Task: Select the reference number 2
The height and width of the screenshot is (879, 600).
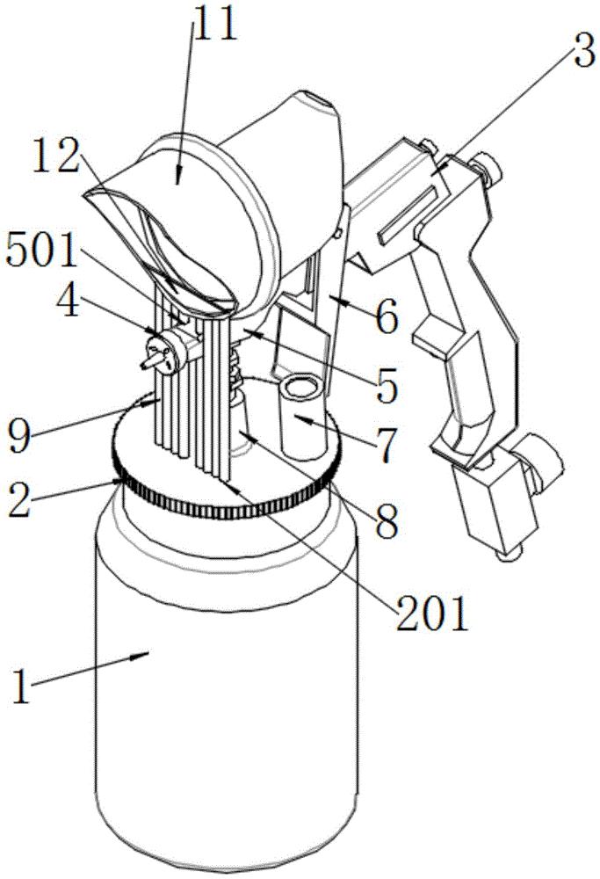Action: click(21, 502)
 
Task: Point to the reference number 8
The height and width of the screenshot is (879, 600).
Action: click(387, 522)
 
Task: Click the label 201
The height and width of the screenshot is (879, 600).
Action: click(432, 613)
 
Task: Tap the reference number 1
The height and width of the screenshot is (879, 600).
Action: click(20, 686)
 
